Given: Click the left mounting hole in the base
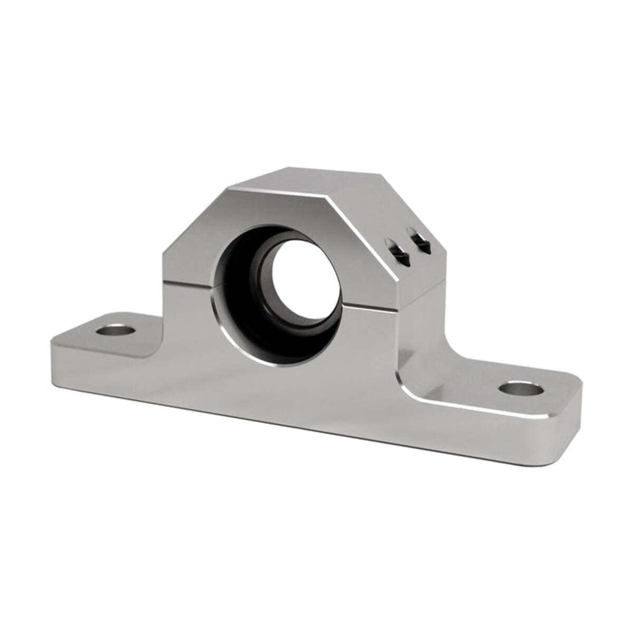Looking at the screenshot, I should [116, 331].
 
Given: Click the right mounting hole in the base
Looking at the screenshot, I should [521, 389].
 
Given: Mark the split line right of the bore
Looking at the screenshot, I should [369, 305].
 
